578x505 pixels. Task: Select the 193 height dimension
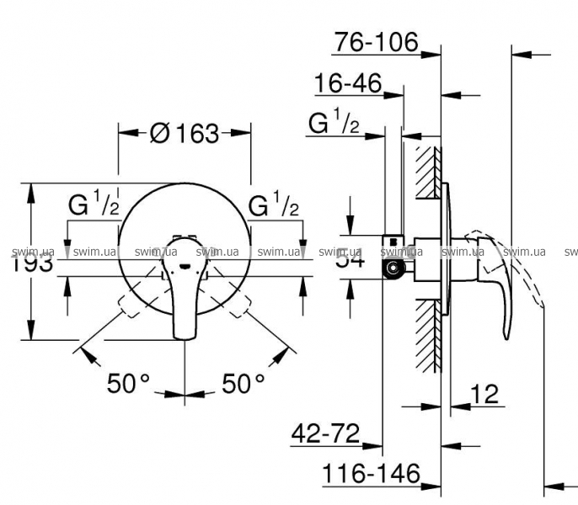pos(35,262)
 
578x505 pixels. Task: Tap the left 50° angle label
pos(128,384)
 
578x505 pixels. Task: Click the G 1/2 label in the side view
pos(334,124)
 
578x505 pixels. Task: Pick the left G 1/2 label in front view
pos(93,205)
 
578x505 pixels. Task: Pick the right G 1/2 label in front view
pos(275,205)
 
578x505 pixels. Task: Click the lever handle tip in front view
pos(184,332)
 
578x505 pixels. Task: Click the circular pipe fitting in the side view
pos(392,268)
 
